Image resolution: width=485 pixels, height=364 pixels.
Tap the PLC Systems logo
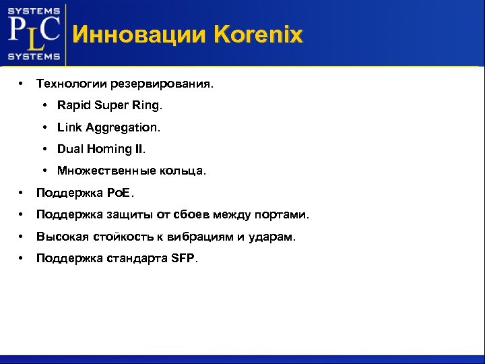point(34,33)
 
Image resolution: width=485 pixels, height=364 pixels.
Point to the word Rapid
point(73,106)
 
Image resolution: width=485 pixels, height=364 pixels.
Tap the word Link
point(69,127)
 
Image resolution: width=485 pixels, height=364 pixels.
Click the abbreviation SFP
point(182,258)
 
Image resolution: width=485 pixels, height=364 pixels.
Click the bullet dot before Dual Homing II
point(44,149)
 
